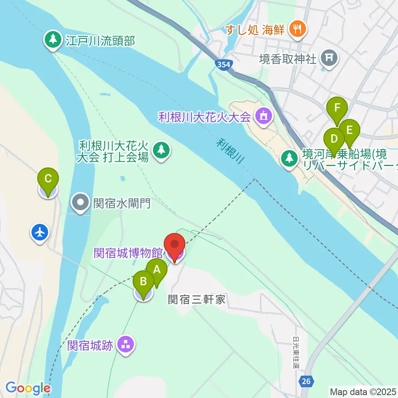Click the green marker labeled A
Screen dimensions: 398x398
click(x=157, y=270)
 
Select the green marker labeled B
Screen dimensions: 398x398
click(x=143, y=282)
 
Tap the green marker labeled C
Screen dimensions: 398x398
click(x=48, y=180)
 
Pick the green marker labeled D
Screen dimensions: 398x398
click(x=334, y=139)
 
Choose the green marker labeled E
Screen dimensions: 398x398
click(x=349, y=131)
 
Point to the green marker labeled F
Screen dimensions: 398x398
click(x=337, y=109)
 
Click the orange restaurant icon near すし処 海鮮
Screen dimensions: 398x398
click(x=297, y=29)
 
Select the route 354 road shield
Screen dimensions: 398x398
click(x=223, y=64)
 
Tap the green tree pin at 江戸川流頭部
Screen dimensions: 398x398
click(x=53, y=40)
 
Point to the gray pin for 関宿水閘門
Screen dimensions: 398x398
click(x=81, y=203)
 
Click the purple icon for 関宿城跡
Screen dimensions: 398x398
click(x=126, y=345)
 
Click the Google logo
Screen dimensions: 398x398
click(x=28, y=388)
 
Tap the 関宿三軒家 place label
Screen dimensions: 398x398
click(x=197, y=299)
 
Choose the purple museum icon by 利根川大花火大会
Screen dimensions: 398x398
click(x=263, y=116)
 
